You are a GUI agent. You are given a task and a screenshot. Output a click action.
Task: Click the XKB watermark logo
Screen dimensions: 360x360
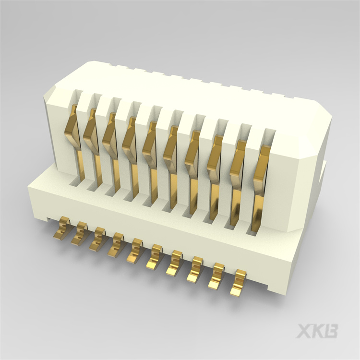click(317, 331)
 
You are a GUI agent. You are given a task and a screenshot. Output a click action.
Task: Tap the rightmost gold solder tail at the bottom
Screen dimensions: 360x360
click(238, 283)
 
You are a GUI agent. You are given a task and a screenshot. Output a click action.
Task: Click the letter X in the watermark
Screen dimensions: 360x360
click(304, 331)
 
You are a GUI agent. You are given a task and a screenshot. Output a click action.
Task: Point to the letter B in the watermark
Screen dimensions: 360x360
click(331, 331)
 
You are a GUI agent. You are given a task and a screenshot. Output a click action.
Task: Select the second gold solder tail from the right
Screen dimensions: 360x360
click(217, 276)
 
